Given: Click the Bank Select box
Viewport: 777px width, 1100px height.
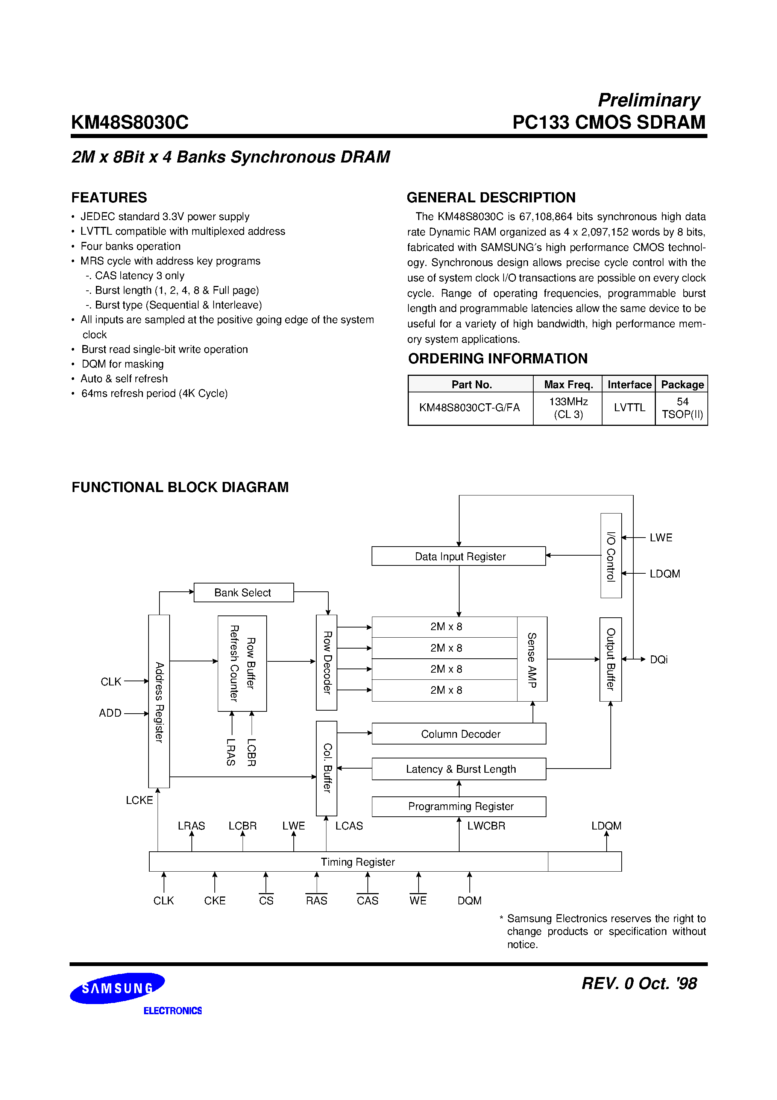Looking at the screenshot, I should click(x=243, y=593).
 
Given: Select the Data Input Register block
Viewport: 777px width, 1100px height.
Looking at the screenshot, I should click(x=458, y=556).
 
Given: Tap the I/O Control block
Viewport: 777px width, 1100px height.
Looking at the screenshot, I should click(x=611, y=556).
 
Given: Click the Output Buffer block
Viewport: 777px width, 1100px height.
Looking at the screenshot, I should click(x=610, y=659).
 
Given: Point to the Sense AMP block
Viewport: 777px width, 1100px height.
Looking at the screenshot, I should click(x=532, y=659).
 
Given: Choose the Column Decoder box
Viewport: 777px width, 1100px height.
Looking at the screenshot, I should click(x=458, y=734).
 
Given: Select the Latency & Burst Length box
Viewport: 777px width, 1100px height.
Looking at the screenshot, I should click(x=458, y=769).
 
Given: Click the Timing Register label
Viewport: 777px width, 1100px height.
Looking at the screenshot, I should click(x=357, y=862).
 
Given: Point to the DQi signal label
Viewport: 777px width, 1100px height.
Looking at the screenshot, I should click(x=659, y=660).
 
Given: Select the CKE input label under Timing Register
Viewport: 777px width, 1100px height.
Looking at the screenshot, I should click(x=215, y=901).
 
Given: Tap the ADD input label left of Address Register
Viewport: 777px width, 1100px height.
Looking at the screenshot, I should click(x=110, y=713).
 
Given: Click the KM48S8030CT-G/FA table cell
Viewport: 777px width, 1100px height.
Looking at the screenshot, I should click(x=469, y=408).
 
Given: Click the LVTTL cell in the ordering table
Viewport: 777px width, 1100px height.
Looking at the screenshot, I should click(x=629, y=408).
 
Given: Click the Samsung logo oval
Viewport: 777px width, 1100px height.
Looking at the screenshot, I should click(x=117, y=988).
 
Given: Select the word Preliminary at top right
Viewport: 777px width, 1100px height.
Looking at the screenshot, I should click(x=649, y=100).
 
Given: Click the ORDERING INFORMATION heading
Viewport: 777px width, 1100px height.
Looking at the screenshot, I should click(x=497, y=359).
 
